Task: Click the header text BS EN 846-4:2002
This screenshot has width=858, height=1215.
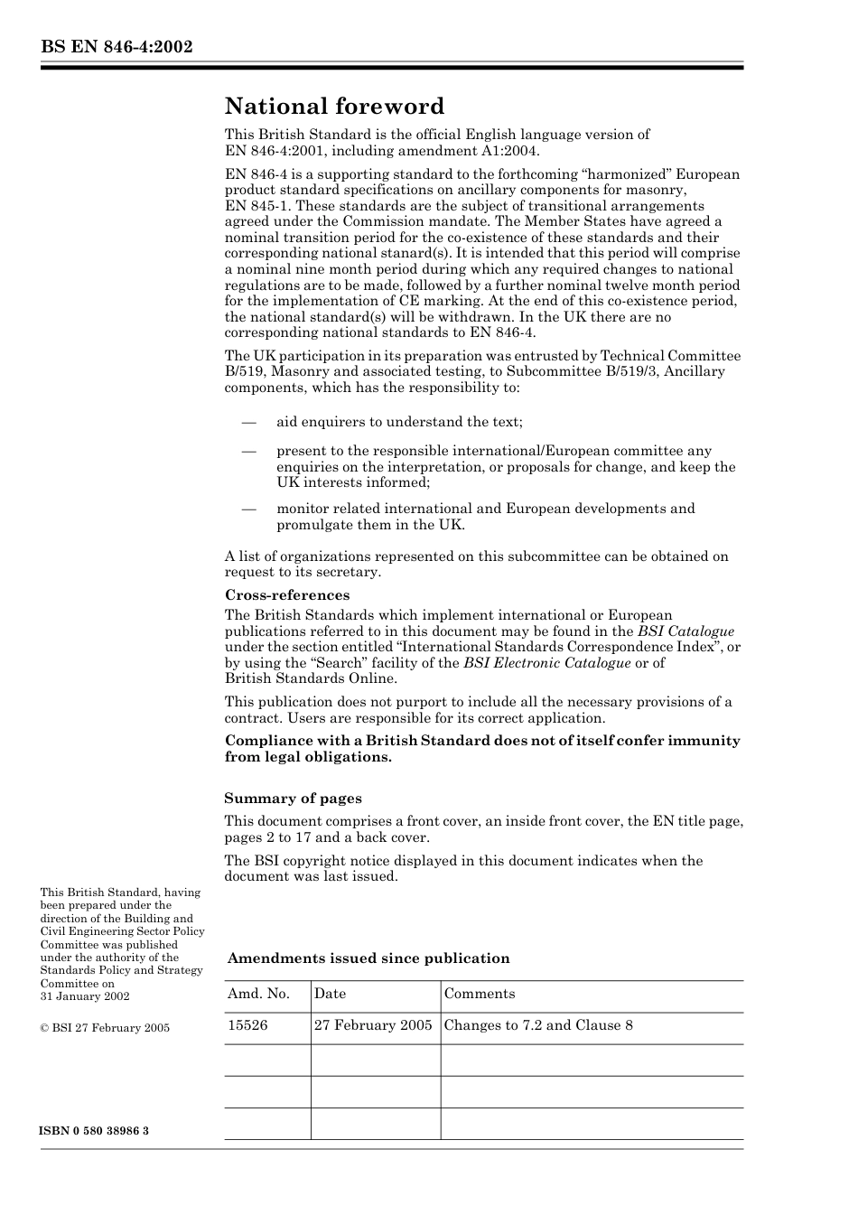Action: click(x=116, y=47)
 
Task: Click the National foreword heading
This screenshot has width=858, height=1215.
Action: click(x=334, y=107)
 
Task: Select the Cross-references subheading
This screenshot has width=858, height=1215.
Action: click(x=287, y=594)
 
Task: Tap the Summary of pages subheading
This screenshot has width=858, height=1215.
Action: click(x=293, y=798)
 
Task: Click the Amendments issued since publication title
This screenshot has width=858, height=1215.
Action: click(x=368, y=958)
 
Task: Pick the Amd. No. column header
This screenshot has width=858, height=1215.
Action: click(x=258, y=994)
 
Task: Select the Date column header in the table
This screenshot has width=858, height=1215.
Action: click(x=330, y=994)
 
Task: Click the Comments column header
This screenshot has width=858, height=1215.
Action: click(x=480, y=994)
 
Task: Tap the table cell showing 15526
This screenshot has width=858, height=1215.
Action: click(x=247, y=1025)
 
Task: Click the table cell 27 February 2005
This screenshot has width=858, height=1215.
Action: click(x=373, y=1025)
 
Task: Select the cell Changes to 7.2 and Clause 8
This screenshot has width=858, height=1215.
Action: click(x=538, y=1025)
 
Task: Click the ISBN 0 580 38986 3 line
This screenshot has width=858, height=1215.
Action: click(x=94, y=1131)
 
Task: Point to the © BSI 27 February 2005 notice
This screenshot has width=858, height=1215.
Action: click(x=105, y=1027)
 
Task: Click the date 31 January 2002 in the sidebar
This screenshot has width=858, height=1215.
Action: click(x=85, y=996)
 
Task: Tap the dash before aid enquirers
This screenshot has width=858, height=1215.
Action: click(x=249, y=422)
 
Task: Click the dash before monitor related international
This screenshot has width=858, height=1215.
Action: click(x=249, y=509)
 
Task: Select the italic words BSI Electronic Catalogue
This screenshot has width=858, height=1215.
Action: click(x=546, y=663)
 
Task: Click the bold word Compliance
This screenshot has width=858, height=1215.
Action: click(x=267, y=741)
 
